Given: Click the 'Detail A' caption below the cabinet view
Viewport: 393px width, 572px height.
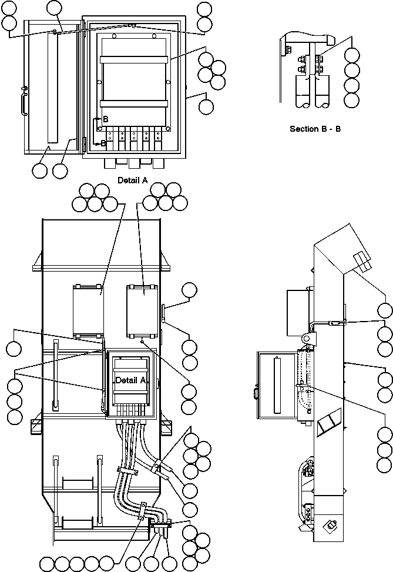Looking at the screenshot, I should coord(132,180).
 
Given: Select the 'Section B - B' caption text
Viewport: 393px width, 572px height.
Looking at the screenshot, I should coord(315,128).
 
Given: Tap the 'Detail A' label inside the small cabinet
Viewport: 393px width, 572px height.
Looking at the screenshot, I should coord(130,380).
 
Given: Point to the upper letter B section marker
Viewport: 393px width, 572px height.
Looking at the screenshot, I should coord(105,119).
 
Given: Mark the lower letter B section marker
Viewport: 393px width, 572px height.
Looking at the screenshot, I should coord(103,143).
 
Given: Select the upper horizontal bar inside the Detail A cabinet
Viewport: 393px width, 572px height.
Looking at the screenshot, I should coord(135,59).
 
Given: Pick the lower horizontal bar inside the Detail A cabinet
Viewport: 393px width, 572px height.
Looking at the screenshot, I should coord(135,104).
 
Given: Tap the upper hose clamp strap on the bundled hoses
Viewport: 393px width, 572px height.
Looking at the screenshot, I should coord(127,470).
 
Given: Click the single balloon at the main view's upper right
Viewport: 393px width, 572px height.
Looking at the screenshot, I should coord(190,290).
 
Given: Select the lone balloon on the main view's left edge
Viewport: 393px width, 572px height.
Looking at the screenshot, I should coord(14,349).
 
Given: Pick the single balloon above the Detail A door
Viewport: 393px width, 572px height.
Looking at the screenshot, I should coord(54,8).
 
